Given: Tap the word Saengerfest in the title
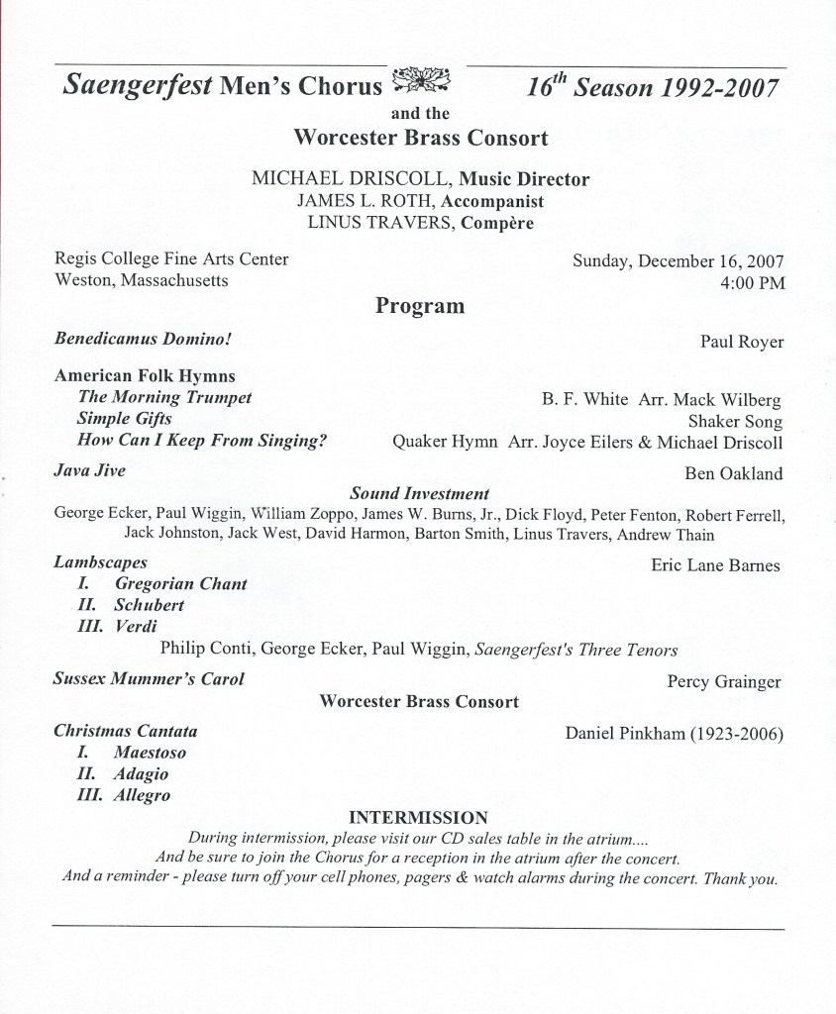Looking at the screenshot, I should point(137,85).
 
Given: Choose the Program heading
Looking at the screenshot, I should point(419,306).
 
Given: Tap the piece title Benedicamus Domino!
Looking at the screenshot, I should point(143,339).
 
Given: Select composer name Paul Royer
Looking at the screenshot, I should point(741,343).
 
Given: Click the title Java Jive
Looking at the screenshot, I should point(89,471).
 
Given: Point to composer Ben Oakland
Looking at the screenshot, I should point(733,473).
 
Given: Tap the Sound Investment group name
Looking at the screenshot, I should point(419,492).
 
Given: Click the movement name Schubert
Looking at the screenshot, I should point(150,604).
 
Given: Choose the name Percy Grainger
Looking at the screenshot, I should point(724,681).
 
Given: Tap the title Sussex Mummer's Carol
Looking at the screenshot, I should point(149,679).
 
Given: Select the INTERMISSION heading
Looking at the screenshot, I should point(419,817).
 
